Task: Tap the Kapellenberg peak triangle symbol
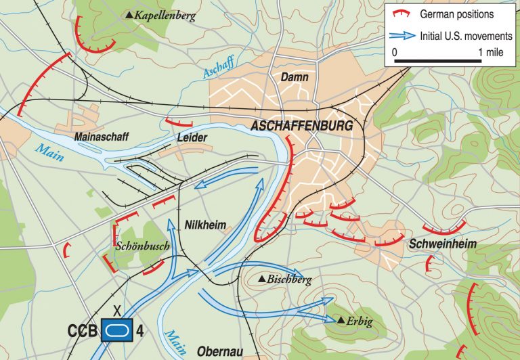click(x=130, y=14)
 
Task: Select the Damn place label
click(x=295, y=78)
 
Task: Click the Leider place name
click(x=191, y=137)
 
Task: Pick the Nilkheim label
click(x=205, y=225)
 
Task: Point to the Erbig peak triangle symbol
click(x=342, y=319)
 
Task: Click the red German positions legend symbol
click(x=402, y=14)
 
